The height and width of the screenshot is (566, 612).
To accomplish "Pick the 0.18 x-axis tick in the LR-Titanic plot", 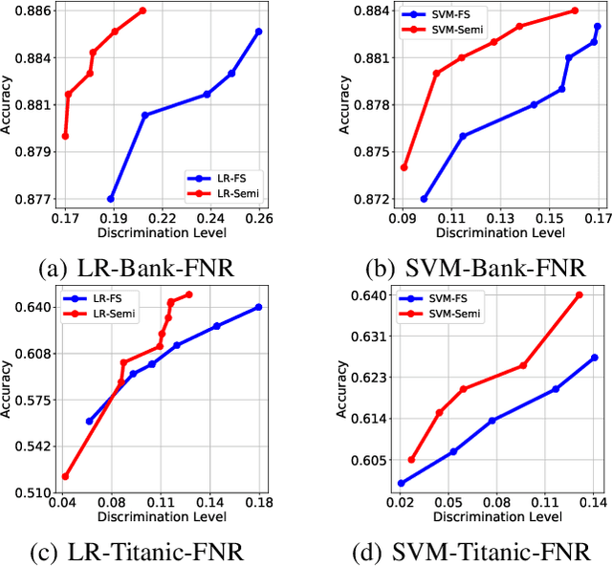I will pyautogui.click(x=259, y=501).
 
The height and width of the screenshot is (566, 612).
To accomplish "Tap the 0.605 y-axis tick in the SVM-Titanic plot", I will pyautogui.click(x=373, y=460).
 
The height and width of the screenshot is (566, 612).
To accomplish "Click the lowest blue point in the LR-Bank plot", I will pyautogui.click(x=111, y=199).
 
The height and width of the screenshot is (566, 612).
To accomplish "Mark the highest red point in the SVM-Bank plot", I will pyautogui.click(x=575, y=11).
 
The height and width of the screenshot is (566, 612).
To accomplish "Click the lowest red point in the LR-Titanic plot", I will pyautogui.click(x=65, y=476).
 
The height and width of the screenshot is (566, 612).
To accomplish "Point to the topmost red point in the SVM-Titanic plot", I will pyautogui.click(x=579, y=294).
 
